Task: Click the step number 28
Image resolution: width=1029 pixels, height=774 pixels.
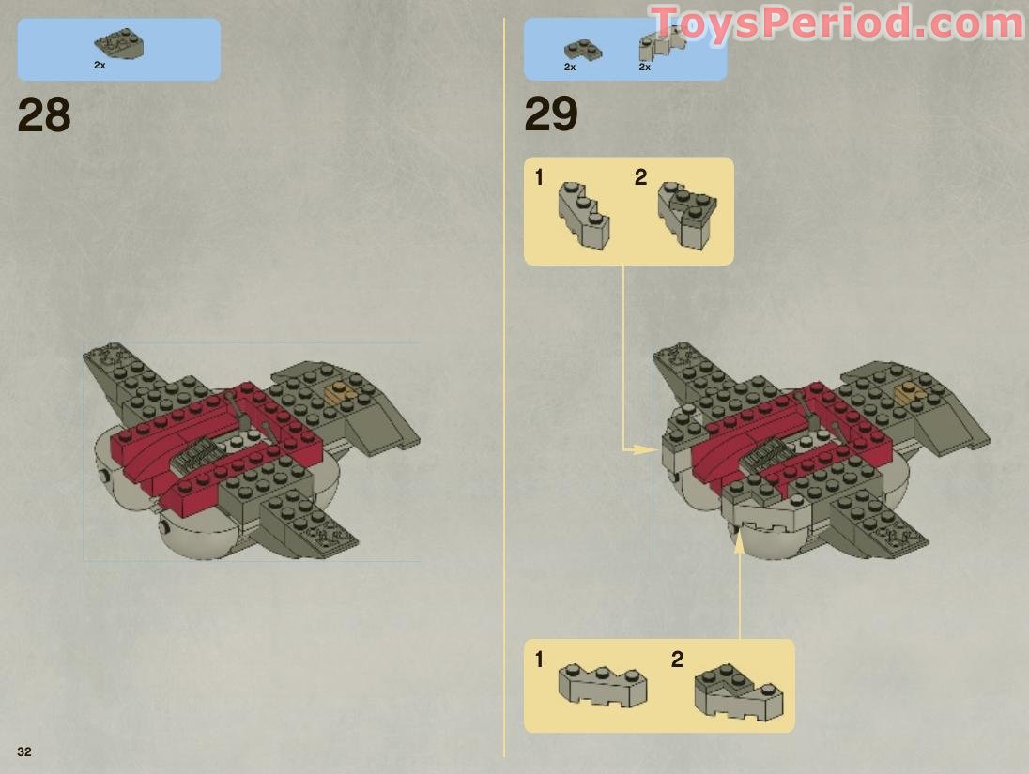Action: point(44,115)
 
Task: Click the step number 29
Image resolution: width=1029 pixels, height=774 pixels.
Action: point(551,115)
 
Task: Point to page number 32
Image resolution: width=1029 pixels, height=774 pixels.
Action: point(23,751)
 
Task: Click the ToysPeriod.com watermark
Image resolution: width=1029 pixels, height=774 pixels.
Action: point(836,23)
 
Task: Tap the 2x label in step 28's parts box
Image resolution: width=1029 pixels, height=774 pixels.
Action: point(100,66)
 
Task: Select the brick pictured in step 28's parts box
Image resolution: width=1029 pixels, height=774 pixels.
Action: point(118,43)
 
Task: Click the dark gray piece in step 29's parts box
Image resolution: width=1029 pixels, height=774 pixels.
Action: point(583,49)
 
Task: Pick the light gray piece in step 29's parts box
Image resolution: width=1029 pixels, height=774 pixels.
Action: point(662,43)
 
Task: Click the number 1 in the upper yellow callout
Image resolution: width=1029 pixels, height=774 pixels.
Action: point(539,177)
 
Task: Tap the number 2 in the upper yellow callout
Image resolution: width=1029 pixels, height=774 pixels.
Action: point(640,177)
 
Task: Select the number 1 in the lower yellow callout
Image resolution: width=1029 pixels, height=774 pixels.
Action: point(539,660)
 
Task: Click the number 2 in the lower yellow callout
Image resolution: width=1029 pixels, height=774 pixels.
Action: point(677,660)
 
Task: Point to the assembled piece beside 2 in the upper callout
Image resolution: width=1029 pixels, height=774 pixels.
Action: point(688,213)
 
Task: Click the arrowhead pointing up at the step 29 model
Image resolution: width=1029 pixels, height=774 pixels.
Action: point(739,541)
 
